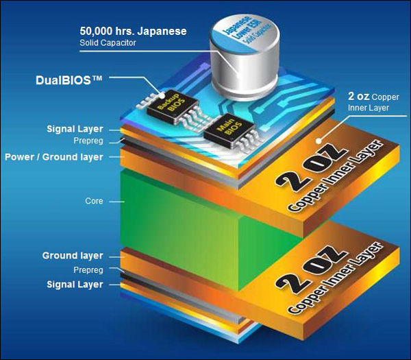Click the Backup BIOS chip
[x=172, y=106]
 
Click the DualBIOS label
[x=68, y=80]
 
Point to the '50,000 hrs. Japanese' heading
[x=133, y=32]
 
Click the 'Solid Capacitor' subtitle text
[x=108, y=43]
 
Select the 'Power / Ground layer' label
[x=53, y=157]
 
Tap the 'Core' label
[x=94, y=201]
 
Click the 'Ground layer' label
[x=73, y=256]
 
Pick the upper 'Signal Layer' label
[x=75, y=129]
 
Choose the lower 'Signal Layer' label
[x=75, y=285]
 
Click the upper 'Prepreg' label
[x=88, y=141]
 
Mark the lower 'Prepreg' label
[x=88, y=270]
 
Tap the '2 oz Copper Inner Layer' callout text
[x=373, y=101]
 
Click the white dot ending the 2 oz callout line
[x=319, y=141]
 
